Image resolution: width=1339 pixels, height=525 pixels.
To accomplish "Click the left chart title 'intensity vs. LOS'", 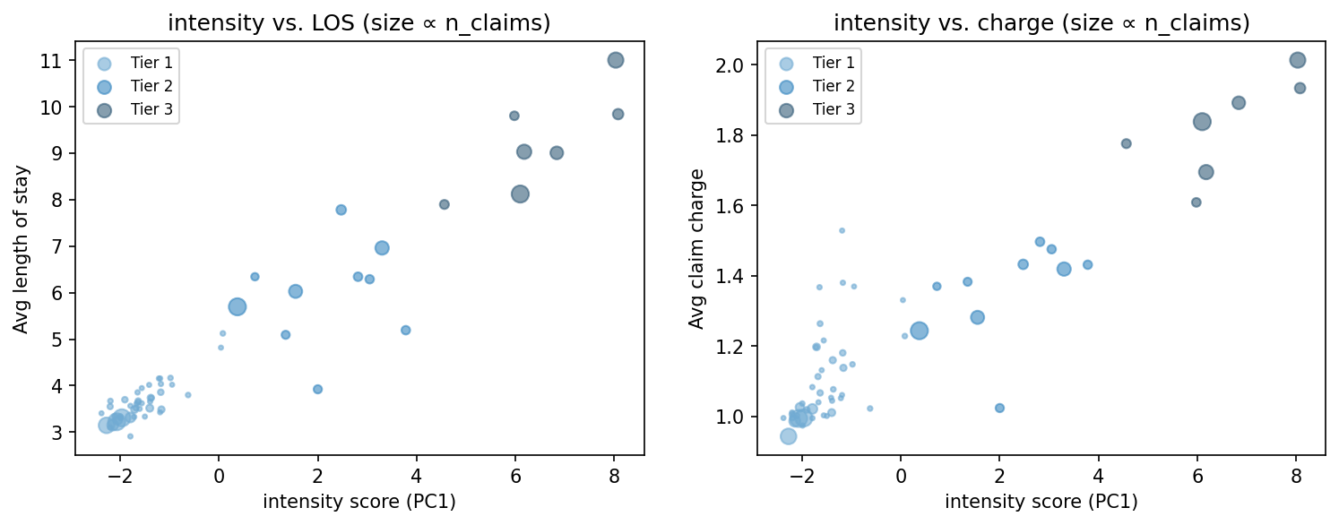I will click(x=359, y=23).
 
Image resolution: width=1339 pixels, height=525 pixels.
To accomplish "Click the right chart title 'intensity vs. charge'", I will click(x=1041, y=23).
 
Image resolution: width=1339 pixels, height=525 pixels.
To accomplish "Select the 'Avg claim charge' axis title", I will click(x=696, y=249).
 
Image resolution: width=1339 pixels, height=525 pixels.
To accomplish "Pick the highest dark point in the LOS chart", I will click(x=616, y=60).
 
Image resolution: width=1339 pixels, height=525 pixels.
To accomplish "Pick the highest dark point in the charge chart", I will click(x=1297, y=60).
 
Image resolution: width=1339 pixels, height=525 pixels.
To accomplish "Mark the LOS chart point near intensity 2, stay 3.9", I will click(x=317, y=389).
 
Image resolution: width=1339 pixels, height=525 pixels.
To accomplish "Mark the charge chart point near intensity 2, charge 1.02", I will click(x=999, y=408).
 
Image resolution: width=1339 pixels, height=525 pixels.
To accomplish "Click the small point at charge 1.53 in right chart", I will click(x=842, y=230).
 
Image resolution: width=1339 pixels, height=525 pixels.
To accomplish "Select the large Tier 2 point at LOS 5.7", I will click(x=238, y=306).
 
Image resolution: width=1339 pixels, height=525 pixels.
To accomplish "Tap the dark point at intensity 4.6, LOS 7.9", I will click(x=445, y=204).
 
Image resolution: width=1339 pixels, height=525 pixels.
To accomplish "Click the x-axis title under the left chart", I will click(x=359, y=502).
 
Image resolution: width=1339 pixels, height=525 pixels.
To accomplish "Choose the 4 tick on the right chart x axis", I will click(x=1099, y=478).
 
